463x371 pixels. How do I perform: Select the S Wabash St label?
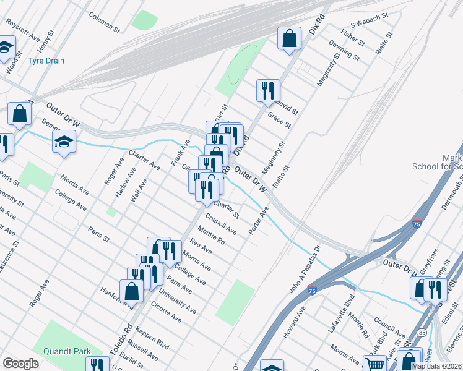coord(369,22)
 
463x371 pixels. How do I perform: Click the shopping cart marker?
coord(374,364)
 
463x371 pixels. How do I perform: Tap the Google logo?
coord(20,363)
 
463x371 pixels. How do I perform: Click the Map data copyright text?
coord(435,366)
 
